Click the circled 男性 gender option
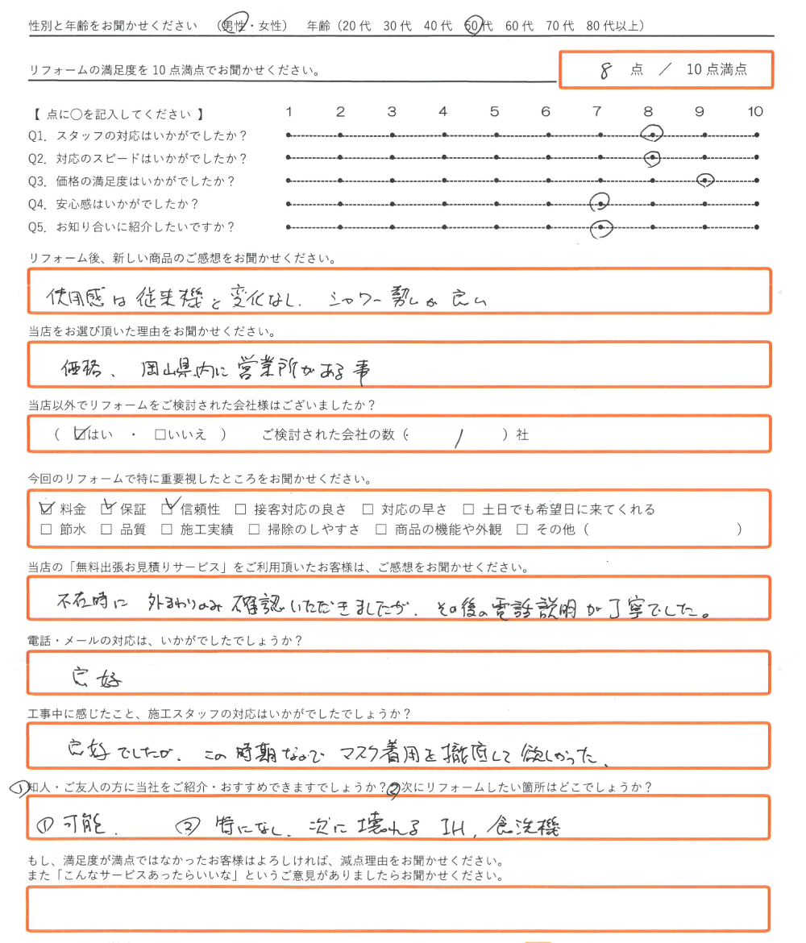coord(239,26)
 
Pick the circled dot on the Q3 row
coord(705,181)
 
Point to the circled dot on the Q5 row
coord(600,229)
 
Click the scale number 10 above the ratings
coord(754,112)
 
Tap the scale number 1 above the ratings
coord(289,112)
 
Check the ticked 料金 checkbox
coord(46,509)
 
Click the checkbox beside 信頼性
coord(168,509)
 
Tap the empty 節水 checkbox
coord(46,530)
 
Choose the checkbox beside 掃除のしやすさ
coord(254,530)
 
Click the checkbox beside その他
coord(521,530)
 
